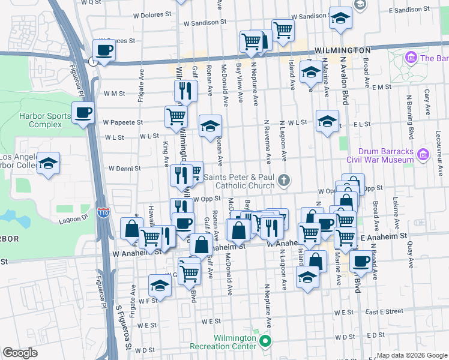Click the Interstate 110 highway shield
click(103, 212)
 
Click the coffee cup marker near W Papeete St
click(83, 112)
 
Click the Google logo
click(20, 353)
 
